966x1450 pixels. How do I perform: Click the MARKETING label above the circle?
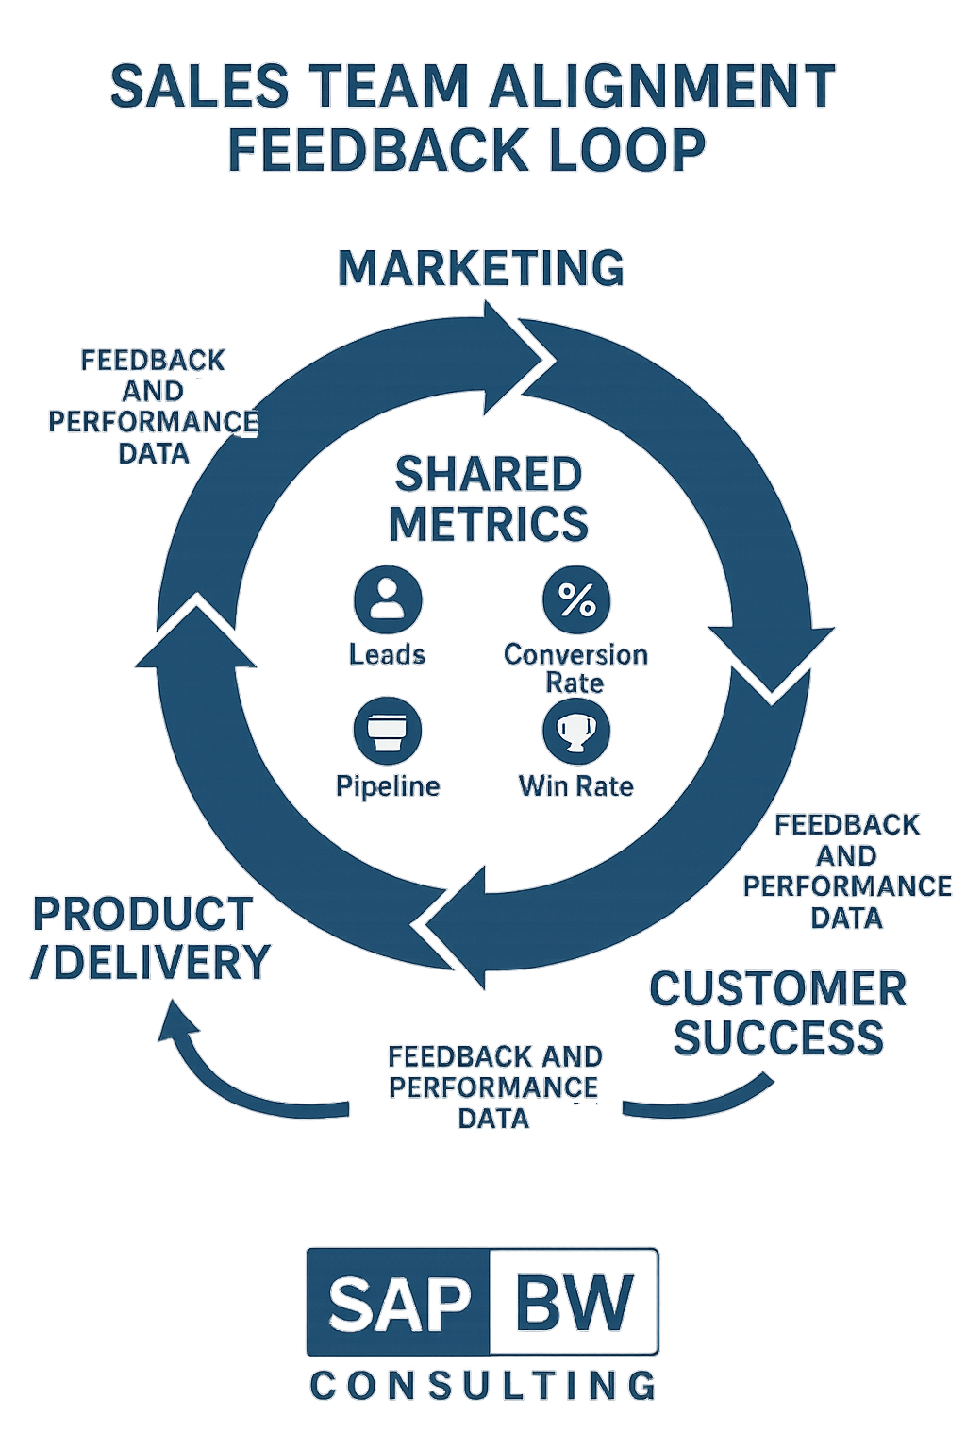481,268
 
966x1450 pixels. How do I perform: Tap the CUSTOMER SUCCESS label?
778,1013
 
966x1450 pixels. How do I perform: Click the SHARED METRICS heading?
489,498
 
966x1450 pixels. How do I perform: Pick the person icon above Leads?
388,599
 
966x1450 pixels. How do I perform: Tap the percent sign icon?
576,599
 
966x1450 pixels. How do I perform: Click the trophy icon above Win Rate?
576,731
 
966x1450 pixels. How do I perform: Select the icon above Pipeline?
388,731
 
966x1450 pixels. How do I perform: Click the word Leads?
387,654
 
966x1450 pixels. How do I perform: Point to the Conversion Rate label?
575,667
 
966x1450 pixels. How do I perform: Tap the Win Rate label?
575,786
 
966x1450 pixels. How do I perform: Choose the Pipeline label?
388,786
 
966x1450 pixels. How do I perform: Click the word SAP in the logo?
400,1304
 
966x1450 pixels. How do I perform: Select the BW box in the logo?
575,1303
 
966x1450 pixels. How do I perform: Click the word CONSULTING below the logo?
483,1386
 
